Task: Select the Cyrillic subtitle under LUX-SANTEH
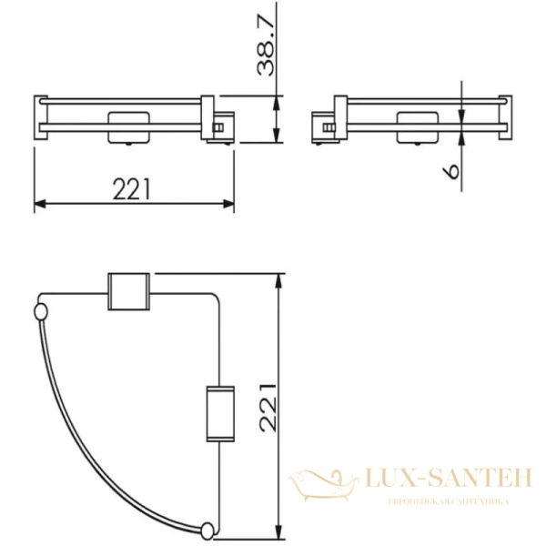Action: click(448, 501)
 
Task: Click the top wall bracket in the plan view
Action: click(127, 292)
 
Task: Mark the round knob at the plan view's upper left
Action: click(40, 314)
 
